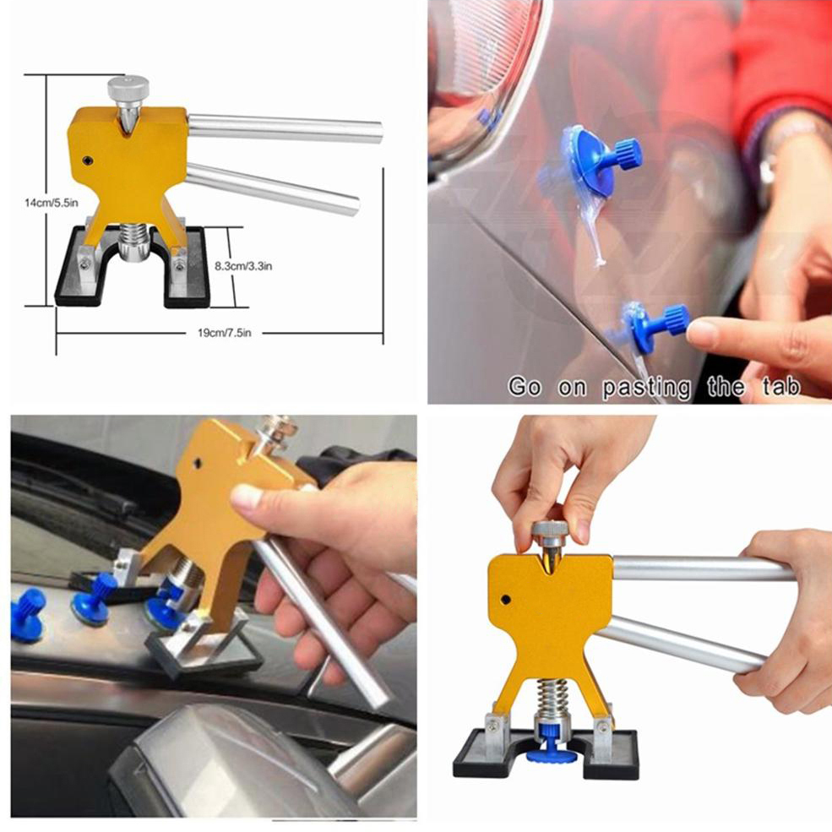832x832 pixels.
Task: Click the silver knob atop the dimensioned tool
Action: [x=128, y=87]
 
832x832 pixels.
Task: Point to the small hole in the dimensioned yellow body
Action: [x=86, y=159]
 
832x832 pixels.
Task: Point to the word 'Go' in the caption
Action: [x=525, y=388]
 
